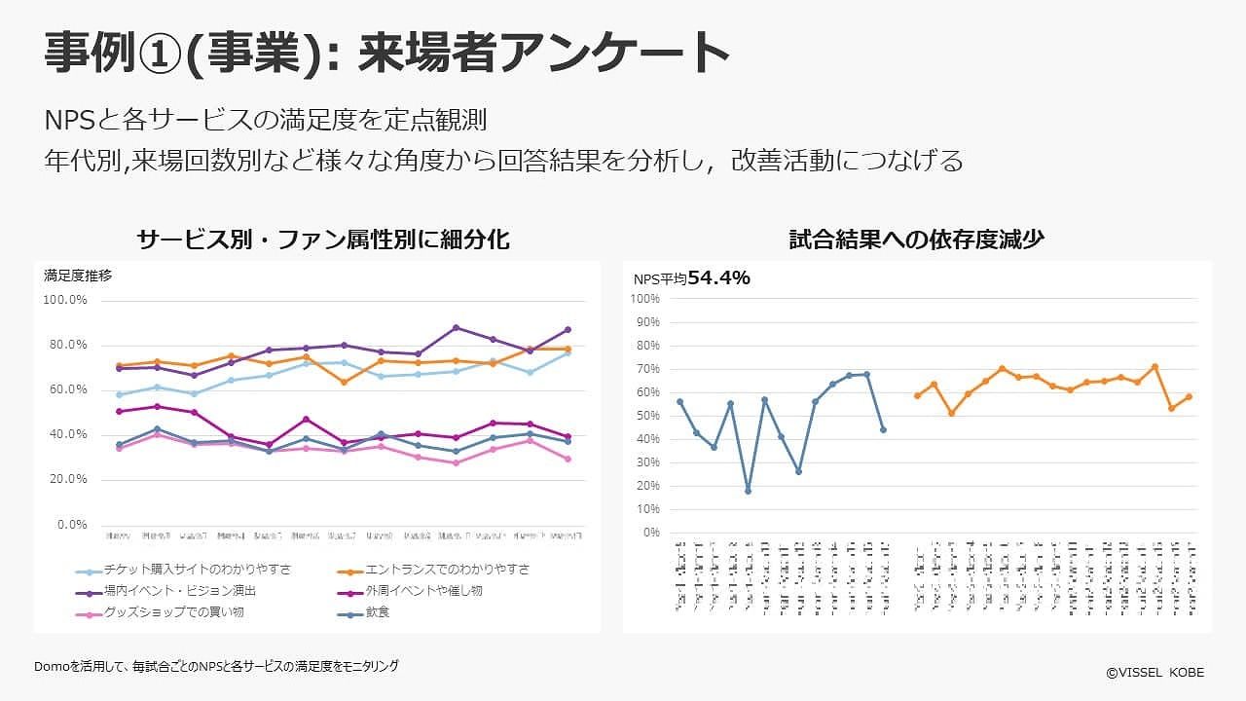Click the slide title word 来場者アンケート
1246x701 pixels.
(x=544, y=52)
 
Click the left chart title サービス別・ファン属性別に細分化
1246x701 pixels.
(x=323, y=240)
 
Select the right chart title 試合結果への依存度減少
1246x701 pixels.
(x=916, y=240)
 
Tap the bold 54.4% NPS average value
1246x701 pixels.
(x=718, y=278)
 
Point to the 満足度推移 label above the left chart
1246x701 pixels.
(x=78, y=276)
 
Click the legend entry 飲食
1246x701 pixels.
(x=378, y=613)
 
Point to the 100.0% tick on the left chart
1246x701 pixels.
(x=66, y=300)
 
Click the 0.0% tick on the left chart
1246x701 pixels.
(x=72, y=525)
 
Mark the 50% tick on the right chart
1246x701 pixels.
(x=647, y=416)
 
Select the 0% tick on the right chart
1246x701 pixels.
(x=651, y=533)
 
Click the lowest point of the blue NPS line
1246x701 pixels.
(x=748, y=491)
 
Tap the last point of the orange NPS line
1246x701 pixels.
(x=1189, y=397)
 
